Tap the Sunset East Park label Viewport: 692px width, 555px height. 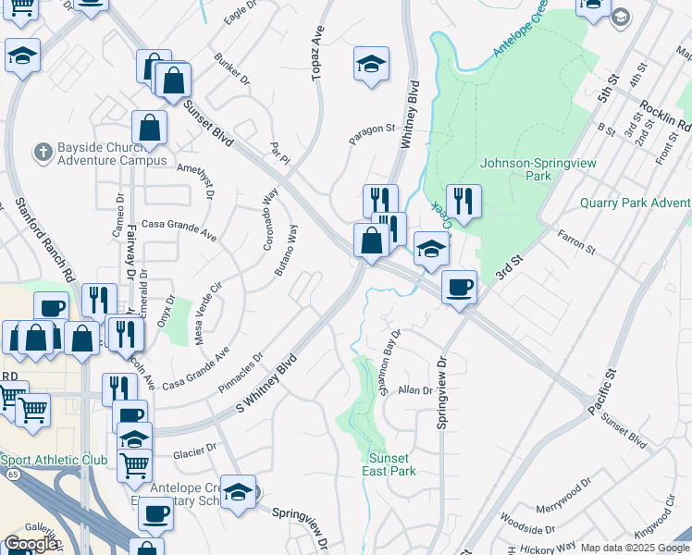392,463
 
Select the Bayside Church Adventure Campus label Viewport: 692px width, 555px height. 112,153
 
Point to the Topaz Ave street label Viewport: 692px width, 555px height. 319,54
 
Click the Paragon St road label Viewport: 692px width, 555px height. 371,135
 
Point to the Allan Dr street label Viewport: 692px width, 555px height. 415,390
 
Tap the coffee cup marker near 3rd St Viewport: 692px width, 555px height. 458,287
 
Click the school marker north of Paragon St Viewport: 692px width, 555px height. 371,64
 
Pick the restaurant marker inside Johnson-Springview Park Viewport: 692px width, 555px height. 463,201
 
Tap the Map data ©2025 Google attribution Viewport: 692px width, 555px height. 635,548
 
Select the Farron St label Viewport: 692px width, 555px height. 575,242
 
